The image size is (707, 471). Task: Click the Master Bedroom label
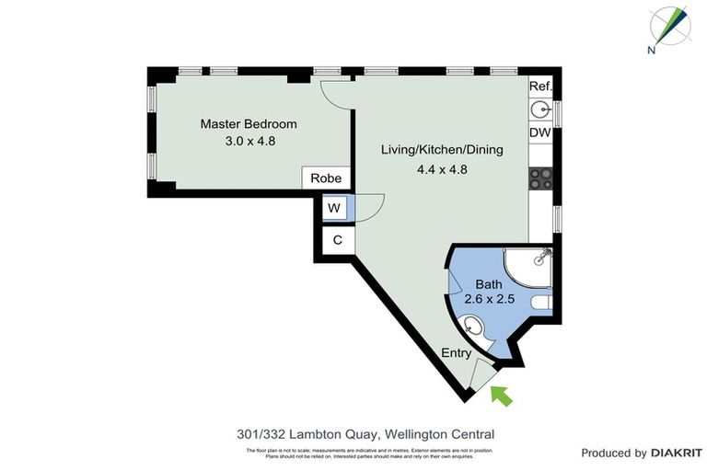click(249, 124)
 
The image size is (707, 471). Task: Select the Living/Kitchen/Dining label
click(442, 150)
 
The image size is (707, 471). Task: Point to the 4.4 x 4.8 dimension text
click(443, 168)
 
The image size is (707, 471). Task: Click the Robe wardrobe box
click(326, 178)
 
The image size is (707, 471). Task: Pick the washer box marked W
click(333, 209)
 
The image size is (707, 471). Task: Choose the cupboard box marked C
click(337, 239)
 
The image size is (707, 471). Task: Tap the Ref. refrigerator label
click(540, 86)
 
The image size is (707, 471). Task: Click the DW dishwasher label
click(540, 133)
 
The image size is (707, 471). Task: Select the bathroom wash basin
click(473, 326)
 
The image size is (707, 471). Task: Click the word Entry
click(457, 353)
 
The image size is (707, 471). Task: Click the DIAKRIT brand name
click(678, 453)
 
